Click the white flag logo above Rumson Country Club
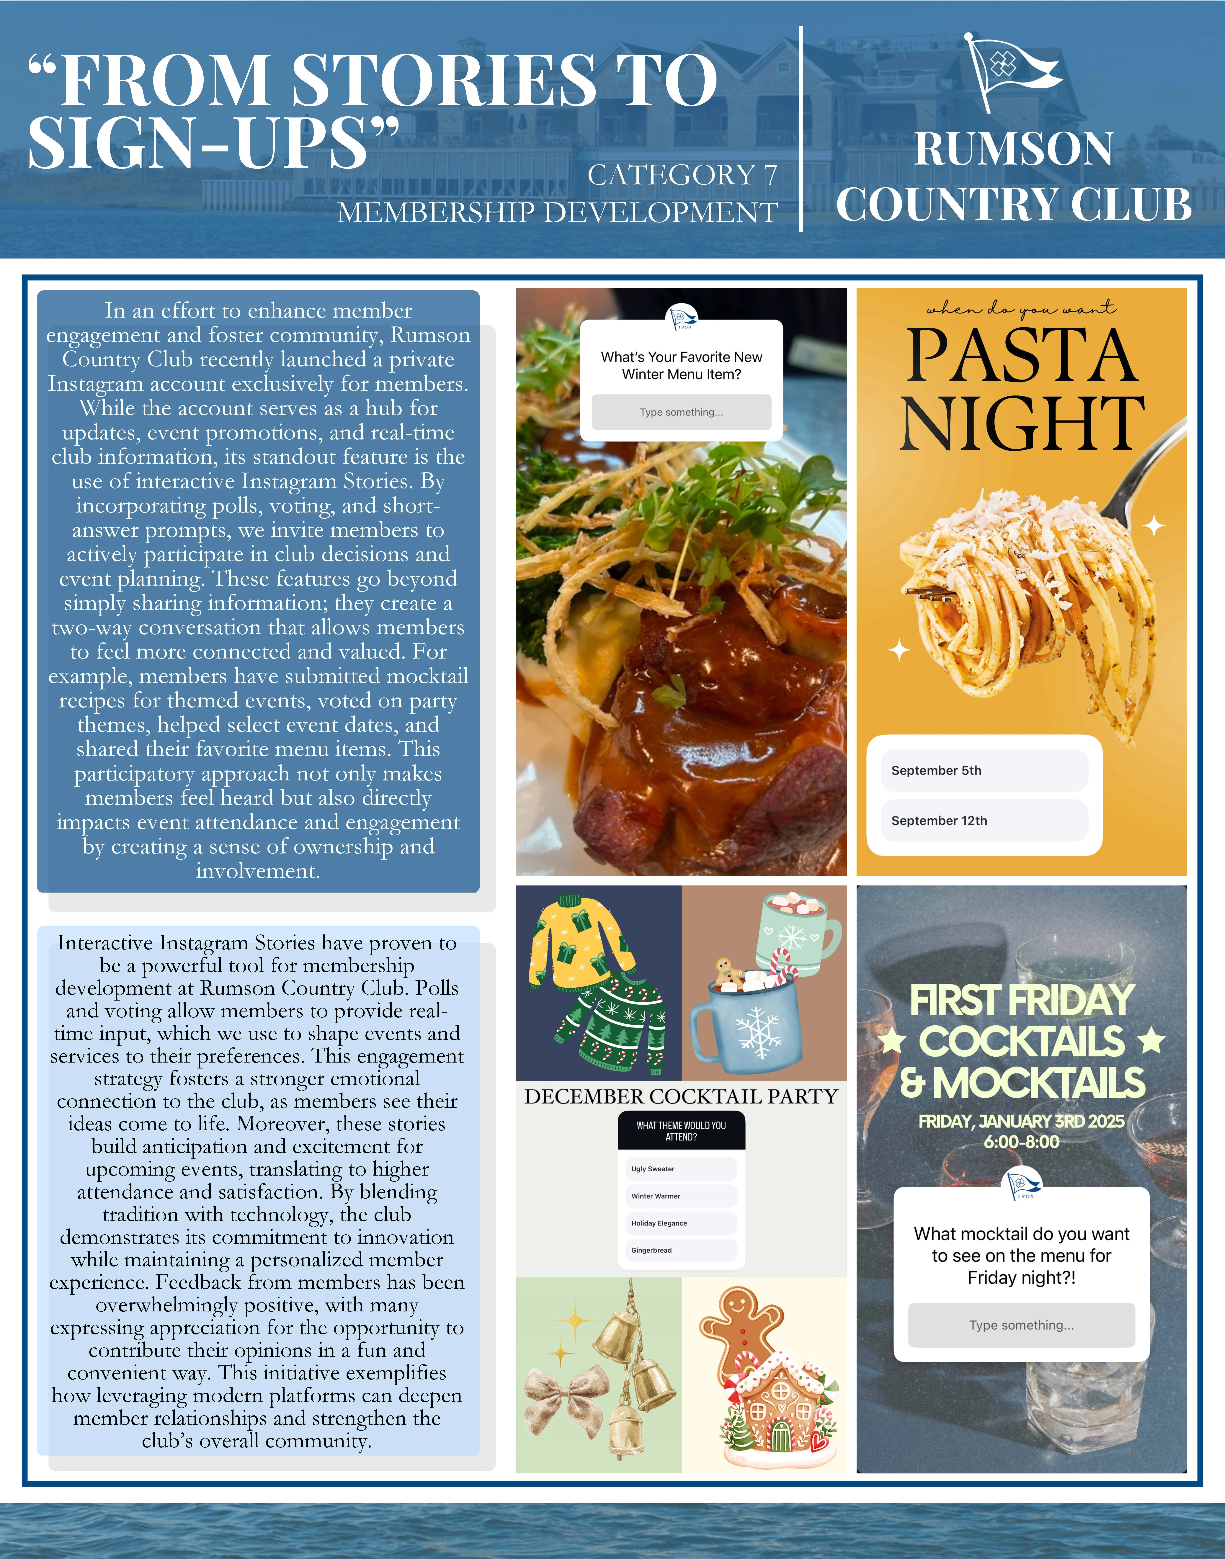(x=1008, y=72)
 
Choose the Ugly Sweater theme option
(x=681, y=1169)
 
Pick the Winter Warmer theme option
(x=681, y=1196)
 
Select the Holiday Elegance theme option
(x=681, y=1223)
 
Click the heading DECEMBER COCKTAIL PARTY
(x=681, y=1096)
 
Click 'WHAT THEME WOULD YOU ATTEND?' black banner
(x=681, y=1131)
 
